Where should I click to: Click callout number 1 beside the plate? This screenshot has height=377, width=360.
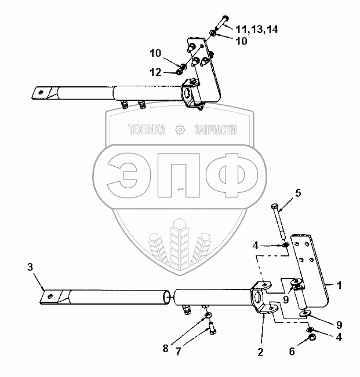click(x=340, y=286)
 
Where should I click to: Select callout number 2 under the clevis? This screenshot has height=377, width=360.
click(x=260, y=352)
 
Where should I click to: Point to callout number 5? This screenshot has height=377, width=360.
click(x=298, y=193)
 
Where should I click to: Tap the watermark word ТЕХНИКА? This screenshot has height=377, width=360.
click(x=146, y=130)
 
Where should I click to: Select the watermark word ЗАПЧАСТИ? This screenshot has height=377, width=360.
click(x=215, y=130)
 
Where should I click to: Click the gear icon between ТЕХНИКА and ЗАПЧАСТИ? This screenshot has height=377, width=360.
click(x=180, y=130)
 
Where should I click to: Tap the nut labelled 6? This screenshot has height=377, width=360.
click(x=312, y=336)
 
